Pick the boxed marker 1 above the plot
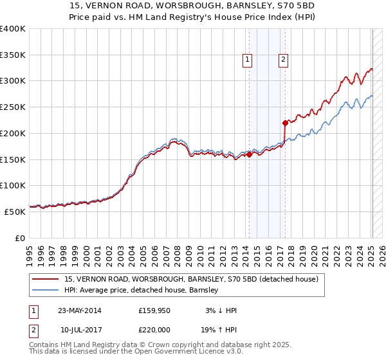click(248, 60)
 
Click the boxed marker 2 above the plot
click(283, 60)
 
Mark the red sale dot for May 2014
click(249, 154)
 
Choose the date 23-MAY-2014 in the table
click(80, 310)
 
